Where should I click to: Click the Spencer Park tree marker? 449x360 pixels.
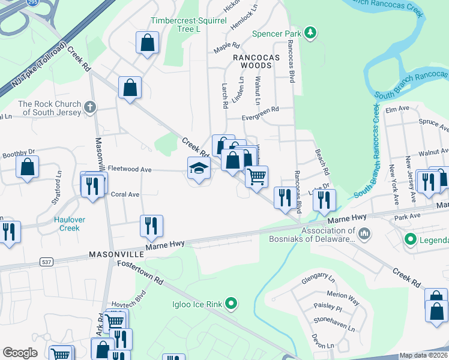click(310, 32)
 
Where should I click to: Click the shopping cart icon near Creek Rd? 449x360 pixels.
click(256, 176)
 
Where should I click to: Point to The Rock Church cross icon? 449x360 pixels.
click(90, 107)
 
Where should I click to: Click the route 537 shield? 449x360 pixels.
click(46, 262)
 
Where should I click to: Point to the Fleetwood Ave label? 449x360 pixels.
click(129, 170)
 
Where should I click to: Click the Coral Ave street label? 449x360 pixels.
click(125, 194)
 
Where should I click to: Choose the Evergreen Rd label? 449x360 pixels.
click(261, 109)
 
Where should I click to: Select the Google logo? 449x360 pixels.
click(20, 353)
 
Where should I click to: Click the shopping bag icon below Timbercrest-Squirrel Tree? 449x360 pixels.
click(147, 43)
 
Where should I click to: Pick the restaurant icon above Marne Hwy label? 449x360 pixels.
click(151, 226)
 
